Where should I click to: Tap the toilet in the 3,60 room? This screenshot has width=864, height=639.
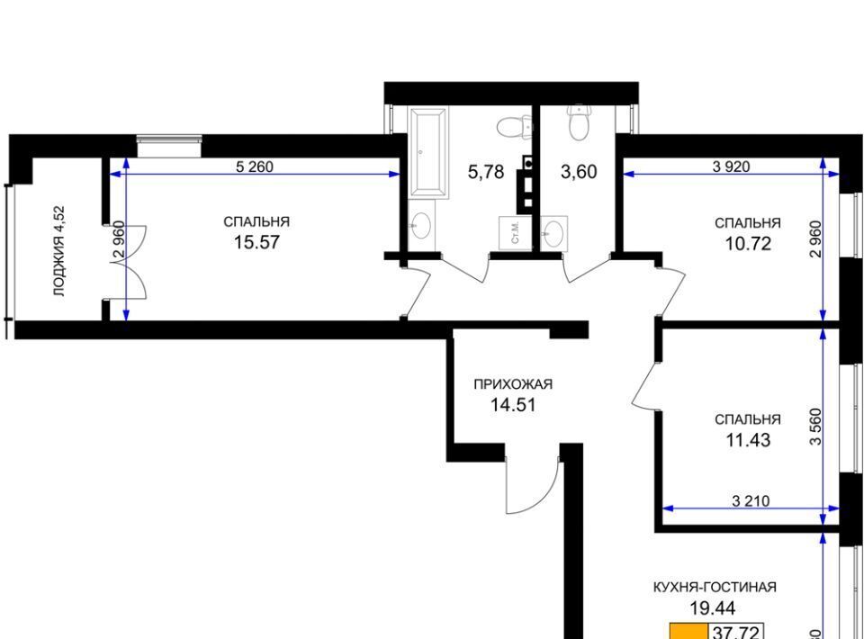tap(579, 121)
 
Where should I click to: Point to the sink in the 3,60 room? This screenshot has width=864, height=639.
tap(555, 232)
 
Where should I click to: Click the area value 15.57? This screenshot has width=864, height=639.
tap(256, 242)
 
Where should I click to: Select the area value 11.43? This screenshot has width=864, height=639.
tap(747, 440)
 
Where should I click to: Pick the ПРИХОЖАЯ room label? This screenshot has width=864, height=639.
tap(513, 384)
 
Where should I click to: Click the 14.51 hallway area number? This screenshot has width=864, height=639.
tap(513, 405)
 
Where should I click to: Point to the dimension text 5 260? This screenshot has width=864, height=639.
tap(254, 166)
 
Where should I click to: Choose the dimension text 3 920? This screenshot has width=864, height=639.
tap(731, 166)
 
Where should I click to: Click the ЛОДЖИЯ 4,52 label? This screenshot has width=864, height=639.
tap(58, 251)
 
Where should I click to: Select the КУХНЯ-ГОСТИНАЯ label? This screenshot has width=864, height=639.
tap(714, 587)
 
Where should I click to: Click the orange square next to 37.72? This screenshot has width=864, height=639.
tap(688, 631)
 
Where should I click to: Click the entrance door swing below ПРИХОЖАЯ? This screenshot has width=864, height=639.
tap(531, 486)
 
